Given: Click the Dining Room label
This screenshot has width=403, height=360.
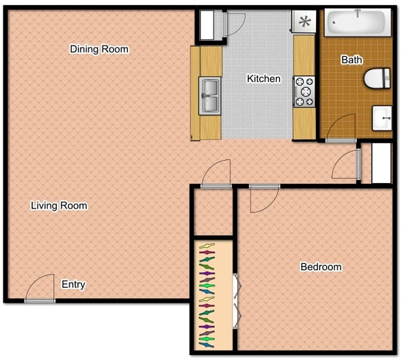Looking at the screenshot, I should point(99,49).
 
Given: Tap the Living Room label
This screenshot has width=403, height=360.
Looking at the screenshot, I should point(59,206).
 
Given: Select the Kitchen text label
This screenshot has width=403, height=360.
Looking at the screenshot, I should point(263,79).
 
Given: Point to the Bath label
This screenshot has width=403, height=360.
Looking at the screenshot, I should point(352,60).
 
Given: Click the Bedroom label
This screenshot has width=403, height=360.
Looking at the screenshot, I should point(321,267).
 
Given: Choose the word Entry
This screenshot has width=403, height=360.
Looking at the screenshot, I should point(74,284).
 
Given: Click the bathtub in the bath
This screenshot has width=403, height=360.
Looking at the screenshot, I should point(357,22).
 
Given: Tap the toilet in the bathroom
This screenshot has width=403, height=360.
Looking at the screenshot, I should point(378,77).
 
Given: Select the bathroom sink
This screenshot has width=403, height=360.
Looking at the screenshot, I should point(382,118).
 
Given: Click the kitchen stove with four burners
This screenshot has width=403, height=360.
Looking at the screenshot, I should point(305,91).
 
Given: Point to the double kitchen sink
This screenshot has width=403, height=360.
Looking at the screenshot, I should point(210,96).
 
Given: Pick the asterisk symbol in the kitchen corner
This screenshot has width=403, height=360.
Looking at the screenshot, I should point(304,22).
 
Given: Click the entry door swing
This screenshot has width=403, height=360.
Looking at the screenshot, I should point(41,288).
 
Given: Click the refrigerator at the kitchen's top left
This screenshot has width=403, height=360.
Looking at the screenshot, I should point(210,26).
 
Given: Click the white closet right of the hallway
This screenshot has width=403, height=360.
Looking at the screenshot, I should point(381,163).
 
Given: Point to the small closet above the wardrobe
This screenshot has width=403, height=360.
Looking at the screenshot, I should point(213,211).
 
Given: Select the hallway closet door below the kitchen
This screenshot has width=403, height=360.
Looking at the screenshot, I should point(216,173).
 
